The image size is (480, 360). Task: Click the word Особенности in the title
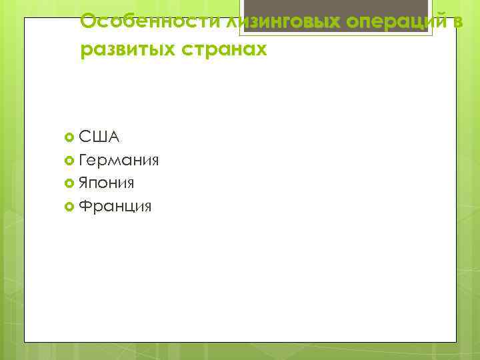pyautogui.click(x=139, y=22)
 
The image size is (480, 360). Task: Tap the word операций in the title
pyautogui.click(x=387, y=22)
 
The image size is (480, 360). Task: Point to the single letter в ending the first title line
pyautogui.click(x=457, y=22)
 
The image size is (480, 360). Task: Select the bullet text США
pyautogui.click(x=99, y=137)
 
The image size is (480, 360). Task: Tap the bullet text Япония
pyautogui.click(x=107, y=183)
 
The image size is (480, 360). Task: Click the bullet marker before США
pyautogui.click(x=70, y=138)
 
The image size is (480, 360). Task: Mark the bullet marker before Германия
pyautogui.click(x=70, y=161)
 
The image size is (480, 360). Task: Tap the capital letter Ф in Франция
pyautogui.click(x=85, y=206)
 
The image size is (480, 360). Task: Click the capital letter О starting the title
pyautogui.click(x=87, y=22)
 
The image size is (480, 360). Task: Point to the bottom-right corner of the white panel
pyautogui.click(x=456, y=341)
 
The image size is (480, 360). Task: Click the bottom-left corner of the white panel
pyautogui.click(x=25, y=341)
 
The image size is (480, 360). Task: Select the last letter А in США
pyautogui.click(x=113, y=137)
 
